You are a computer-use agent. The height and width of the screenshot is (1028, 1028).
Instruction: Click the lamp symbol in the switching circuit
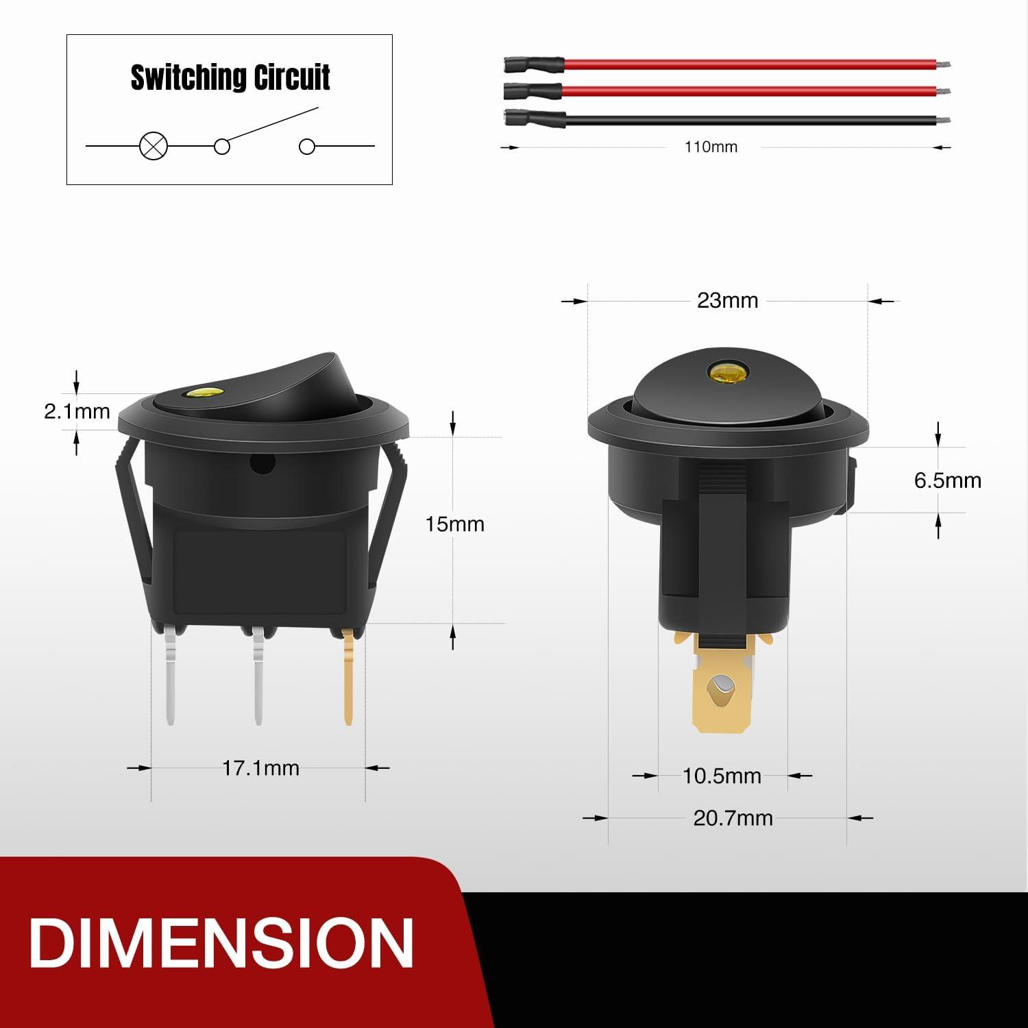(154, 146)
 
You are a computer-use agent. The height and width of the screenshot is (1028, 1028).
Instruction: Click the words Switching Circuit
(230, 77)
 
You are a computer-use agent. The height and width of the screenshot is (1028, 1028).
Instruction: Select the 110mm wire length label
(711, 147)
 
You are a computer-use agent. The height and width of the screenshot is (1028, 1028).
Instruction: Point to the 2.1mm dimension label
(77, 411)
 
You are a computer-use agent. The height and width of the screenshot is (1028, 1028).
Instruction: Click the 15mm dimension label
(454, 524)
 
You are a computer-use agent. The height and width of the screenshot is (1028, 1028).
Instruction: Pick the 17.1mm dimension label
(260, 768)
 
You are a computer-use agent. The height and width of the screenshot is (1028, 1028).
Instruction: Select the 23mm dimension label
(727, 301)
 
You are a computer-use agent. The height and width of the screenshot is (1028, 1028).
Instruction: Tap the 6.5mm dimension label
(948, 480)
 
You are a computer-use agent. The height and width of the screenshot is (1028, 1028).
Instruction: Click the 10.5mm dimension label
(722, 776)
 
